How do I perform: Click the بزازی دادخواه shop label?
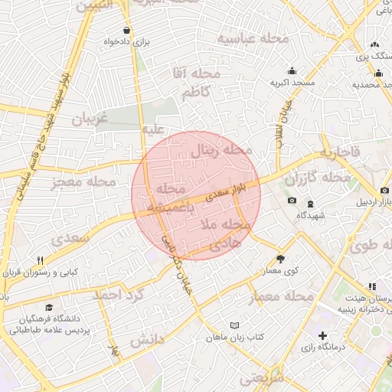click(x=126, y=41)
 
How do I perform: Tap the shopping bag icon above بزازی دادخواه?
click(x=126, y=30)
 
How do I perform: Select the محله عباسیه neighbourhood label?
click(x=252, y=38)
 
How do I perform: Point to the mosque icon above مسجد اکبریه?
click(x=292, y=70)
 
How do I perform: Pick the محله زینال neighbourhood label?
click(x=221, y=150)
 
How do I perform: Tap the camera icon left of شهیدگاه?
click(x=292, y=201)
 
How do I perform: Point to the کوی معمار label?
click(x=279, y=271)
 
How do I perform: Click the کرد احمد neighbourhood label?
click(x=117, y=295)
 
